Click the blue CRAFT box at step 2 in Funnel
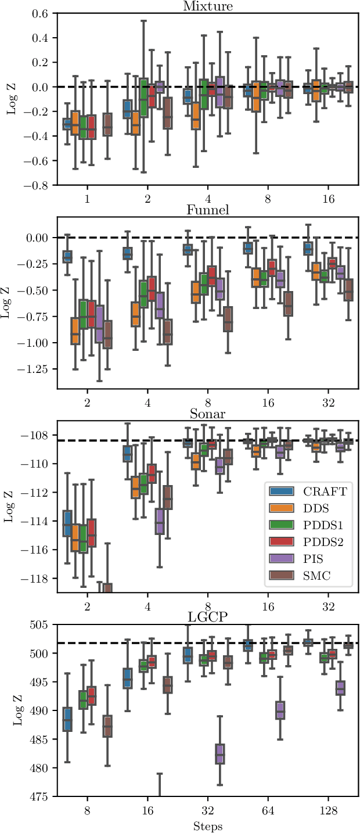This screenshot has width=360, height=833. pos(67,256)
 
